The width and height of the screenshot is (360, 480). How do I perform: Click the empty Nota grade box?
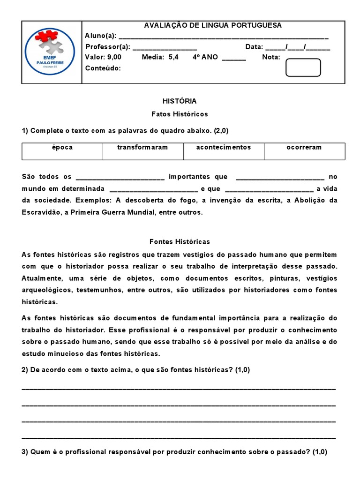tap(303, 67)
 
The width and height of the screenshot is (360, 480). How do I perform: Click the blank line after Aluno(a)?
tap(224, 37)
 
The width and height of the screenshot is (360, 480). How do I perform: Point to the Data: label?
tap(255, 47)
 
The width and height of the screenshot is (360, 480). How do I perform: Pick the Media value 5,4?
tap(173, 57)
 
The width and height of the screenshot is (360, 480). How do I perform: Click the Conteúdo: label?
tap(103, 68)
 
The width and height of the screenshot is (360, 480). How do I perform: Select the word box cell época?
tap(62, 147)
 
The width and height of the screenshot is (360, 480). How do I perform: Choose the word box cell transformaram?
tap(142, 147)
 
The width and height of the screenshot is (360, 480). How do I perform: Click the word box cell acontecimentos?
tap(223, 147)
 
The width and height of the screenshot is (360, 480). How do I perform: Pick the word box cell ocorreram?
tap(304, 147)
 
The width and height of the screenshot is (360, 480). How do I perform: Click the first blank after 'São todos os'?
tap(120, 177)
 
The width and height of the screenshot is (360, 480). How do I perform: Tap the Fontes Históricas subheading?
tap(180, 242)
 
